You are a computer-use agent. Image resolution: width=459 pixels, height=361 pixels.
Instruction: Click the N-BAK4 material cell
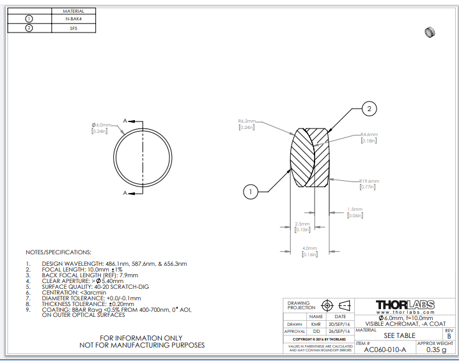pos(73,19)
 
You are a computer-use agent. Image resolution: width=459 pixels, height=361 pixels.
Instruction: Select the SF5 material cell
pos(73,28)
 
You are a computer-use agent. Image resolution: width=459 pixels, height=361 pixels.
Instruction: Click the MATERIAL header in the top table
pos(73,11)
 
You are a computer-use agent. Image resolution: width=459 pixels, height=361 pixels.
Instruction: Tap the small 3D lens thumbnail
pos(430,32)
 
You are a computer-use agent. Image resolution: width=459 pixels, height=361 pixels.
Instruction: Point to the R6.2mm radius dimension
pos(247,121)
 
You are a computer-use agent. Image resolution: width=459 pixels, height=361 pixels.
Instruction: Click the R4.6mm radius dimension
pos(369,135)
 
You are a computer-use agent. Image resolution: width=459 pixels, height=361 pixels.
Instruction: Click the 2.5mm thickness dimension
pos(302,224)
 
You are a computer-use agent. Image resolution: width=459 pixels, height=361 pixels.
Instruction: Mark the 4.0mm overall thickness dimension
pos(310,248)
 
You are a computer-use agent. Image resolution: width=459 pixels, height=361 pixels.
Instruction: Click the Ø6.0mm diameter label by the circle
pos(102,125)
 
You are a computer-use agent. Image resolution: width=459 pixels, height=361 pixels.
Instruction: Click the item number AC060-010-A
pos(385,349)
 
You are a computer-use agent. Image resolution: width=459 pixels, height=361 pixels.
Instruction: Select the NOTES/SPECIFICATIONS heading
pos(58,252)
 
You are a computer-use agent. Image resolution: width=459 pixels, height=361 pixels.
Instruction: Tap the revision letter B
pos(448,335)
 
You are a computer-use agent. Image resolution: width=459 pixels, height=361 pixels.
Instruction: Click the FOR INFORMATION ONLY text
pos(142,337)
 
